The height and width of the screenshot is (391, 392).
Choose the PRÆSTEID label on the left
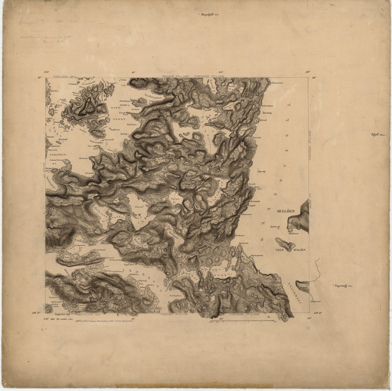[x=58, y=154]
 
